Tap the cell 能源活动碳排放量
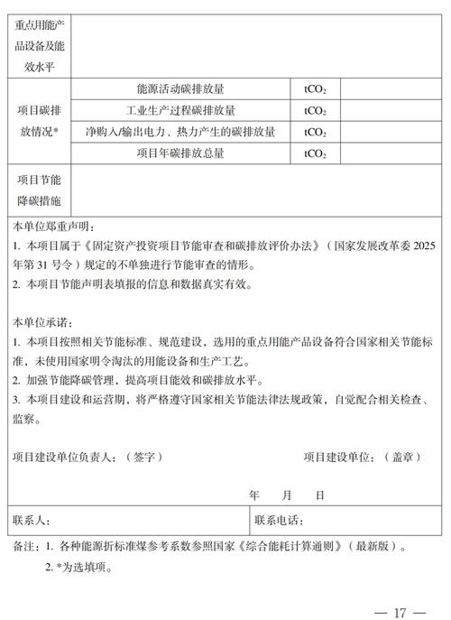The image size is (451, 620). [x=180, y=89]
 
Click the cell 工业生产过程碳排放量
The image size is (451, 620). [x=180, y=111]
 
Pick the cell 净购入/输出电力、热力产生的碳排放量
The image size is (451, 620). [x=180, y=133]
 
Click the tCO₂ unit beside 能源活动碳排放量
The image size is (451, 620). [x=316, y=89]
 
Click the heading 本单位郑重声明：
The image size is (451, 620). [x=54, y=228]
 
